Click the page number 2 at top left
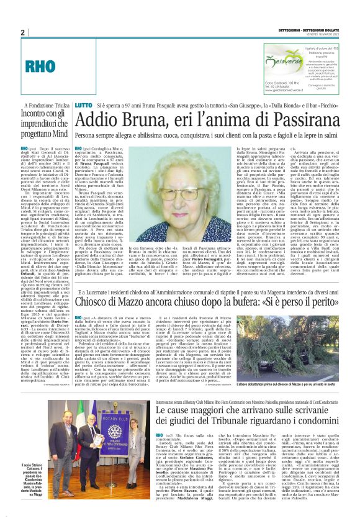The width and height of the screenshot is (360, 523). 22,32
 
